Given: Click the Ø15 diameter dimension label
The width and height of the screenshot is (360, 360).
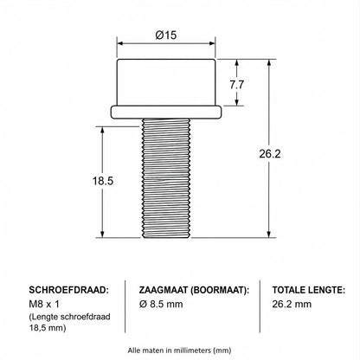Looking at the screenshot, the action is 166,35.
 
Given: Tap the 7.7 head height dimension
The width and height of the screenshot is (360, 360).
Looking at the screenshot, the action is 237,85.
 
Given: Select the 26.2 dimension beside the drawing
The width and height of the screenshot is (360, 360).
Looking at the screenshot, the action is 270,154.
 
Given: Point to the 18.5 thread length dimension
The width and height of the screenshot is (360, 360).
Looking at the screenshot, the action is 103,181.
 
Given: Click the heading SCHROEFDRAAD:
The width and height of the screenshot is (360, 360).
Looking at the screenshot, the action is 69,290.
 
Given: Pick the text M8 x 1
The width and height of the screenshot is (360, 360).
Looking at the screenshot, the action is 44,304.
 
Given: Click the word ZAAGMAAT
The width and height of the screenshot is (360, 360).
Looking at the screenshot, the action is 164,290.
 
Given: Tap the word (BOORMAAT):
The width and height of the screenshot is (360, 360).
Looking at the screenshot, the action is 220,290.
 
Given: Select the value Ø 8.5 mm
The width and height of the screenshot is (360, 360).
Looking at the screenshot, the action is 161,304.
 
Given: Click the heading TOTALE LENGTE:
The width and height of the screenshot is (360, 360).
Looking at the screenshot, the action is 309,290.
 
